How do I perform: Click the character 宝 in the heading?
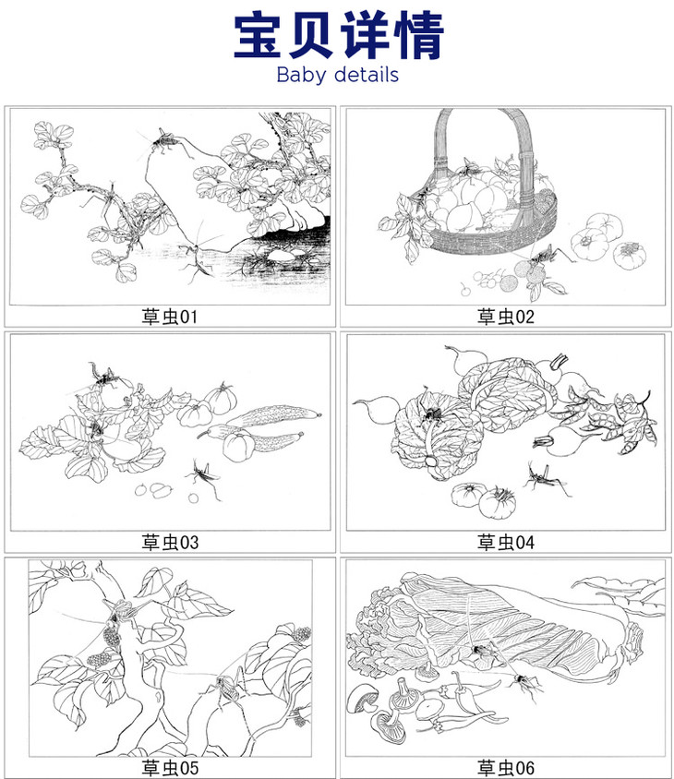[259, 36]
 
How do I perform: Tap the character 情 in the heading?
[418, 36]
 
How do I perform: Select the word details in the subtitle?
[367, 75]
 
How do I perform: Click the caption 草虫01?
[170, 317]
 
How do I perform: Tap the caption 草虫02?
[506, 317]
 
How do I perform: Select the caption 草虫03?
[170, 542]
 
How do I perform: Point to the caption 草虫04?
[506, 542]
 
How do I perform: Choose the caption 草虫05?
[170, 768]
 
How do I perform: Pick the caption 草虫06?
[506, 768]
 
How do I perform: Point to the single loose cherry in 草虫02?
[464, 290]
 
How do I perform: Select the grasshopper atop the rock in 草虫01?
[164, 141]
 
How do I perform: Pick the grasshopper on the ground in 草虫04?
[543, 478]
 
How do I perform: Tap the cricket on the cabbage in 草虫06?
[481, 651]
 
